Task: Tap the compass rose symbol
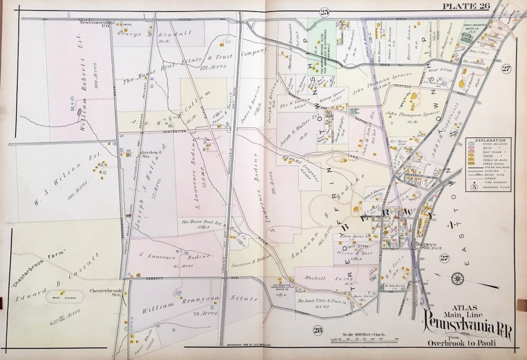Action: pos(457,279)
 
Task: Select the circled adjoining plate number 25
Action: pos(324,12)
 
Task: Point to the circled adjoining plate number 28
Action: pos(318,331)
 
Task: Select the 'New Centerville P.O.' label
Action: pos(96,25)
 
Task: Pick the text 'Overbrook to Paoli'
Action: pos(462,343)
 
